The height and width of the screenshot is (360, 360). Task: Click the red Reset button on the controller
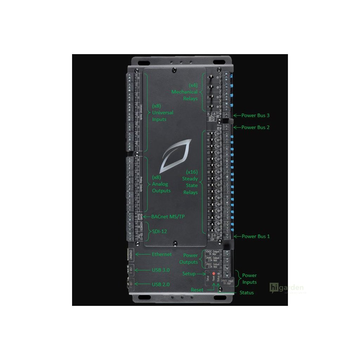coord(213,274)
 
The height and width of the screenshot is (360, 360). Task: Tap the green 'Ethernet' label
coord(162,254)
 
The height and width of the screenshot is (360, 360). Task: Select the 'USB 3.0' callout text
coord(161,270)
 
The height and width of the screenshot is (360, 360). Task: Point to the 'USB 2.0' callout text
coord(161,284)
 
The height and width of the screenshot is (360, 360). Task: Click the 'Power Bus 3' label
coord(256,115)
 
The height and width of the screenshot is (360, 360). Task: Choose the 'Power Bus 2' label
coord(256,127)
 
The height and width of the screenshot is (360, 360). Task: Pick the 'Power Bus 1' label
coord(256,236)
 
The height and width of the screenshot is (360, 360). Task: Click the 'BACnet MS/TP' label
coord(168,217)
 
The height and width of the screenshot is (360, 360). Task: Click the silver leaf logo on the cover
coord(175,156)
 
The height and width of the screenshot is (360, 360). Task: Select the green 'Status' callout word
coord(246,292)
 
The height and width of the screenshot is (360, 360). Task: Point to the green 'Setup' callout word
coord(189,274)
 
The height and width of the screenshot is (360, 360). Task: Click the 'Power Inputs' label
coord(249,278)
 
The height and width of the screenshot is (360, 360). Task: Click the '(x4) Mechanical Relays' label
coord(185,92)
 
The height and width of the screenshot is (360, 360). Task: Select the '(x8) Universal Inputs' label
coord(162,112)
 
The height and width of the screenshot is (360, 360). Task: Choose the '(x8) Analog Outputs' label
coord(161,184)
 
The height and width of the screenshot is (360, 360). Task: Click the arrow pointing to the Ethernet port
coord(142,254)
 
